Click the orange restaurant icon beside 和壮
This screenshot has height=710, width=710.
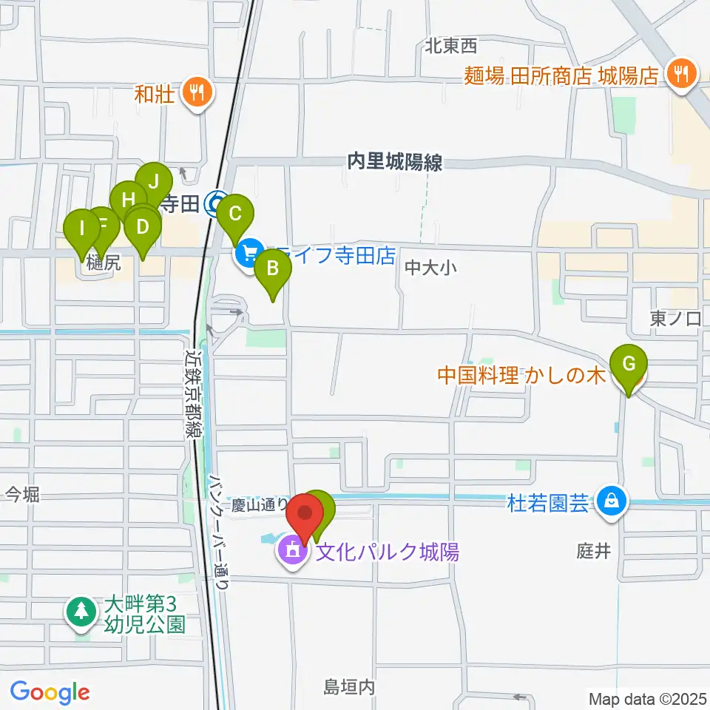tap(196, 93)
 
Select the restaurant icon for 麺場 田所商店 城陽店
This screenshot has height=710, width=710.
tap(680, 74)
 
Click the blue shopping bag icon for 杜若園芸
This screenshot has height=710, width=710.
tap(612, 501)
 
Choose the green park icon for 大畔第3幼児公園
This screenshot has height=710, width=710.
tap(81, 611)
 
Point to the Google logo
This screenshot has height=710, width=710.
tap(50, 692)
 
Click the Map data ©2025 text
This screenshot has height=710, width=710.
tap(647, 698)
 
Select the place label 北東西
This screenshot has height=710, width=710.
tap(450, 47)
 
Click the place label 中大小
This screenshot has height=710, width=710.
tap(428, 268)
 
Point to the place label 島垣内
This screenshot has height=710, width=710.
tap(350, 688)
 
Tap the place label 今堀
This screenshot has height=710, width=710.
tap(22, 494)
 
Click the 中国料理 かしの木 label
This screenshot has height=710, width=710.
tap(522, 376)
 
